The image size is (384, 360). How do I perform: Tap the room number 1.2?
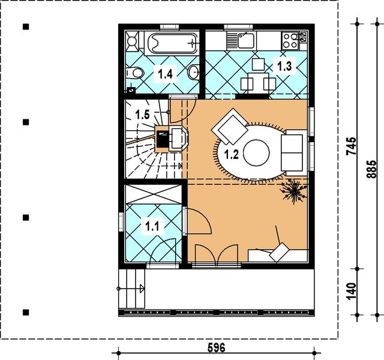[232, 154]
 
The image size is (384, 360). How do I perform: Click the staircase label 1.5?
[143, 113]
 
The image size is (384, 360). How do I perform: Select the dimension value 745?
[352, 147]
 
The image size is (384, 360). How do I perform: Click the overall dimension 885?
[372, 170]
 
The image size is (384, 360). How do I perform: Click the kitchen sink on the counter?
[245, 40]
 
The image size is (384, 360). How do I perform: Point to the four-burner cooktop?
[290, 40]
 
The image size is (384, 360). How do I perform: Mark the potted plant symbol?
[294, 191]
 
